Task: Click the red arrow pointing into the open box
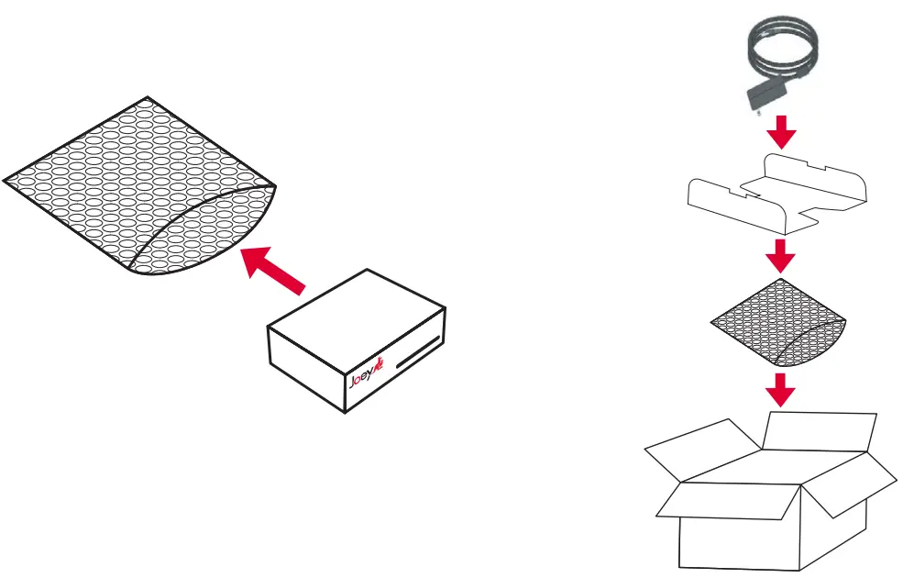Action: (780, 391)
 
